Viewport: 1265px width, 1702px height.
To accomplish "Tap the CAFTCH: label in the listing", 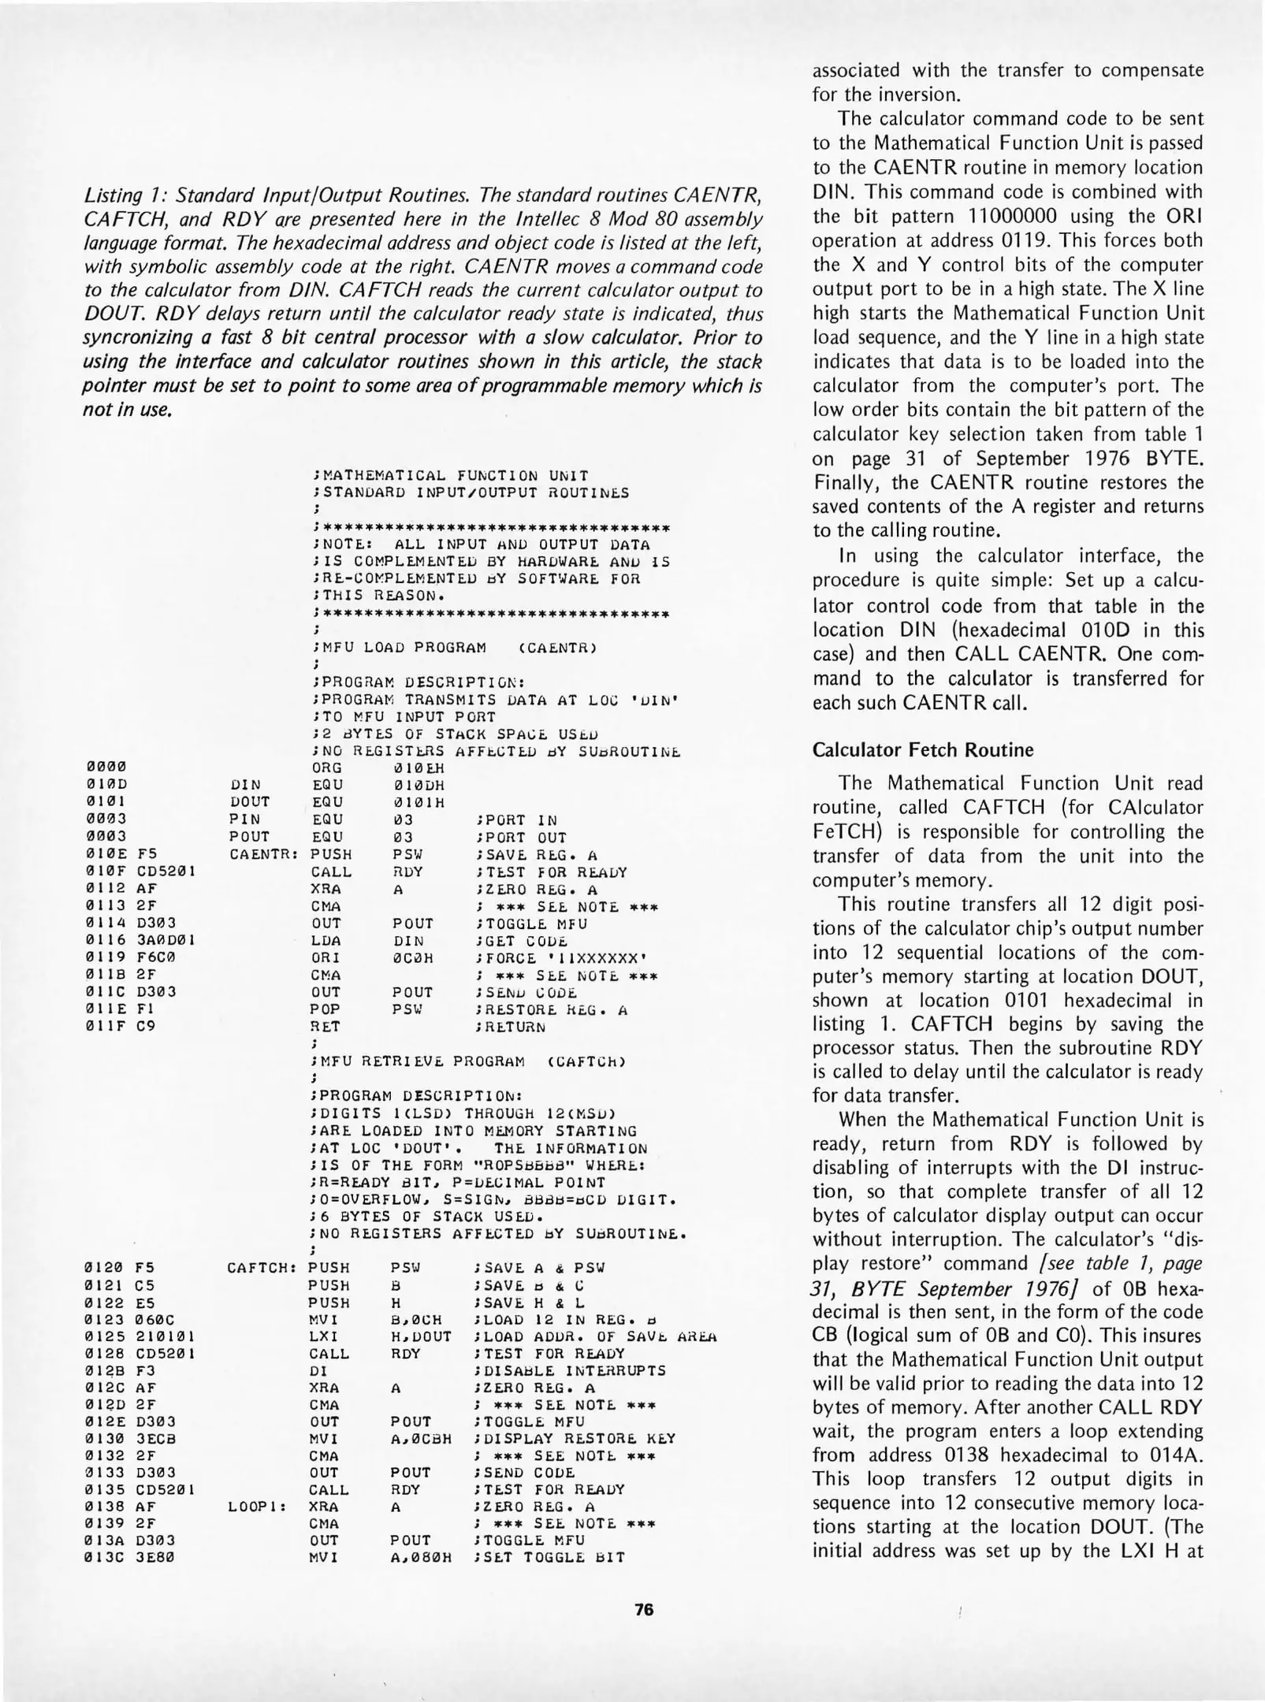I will [261, 1268].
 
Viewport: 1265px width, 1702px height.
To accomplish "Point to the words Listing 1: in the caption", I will [125, 194].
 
